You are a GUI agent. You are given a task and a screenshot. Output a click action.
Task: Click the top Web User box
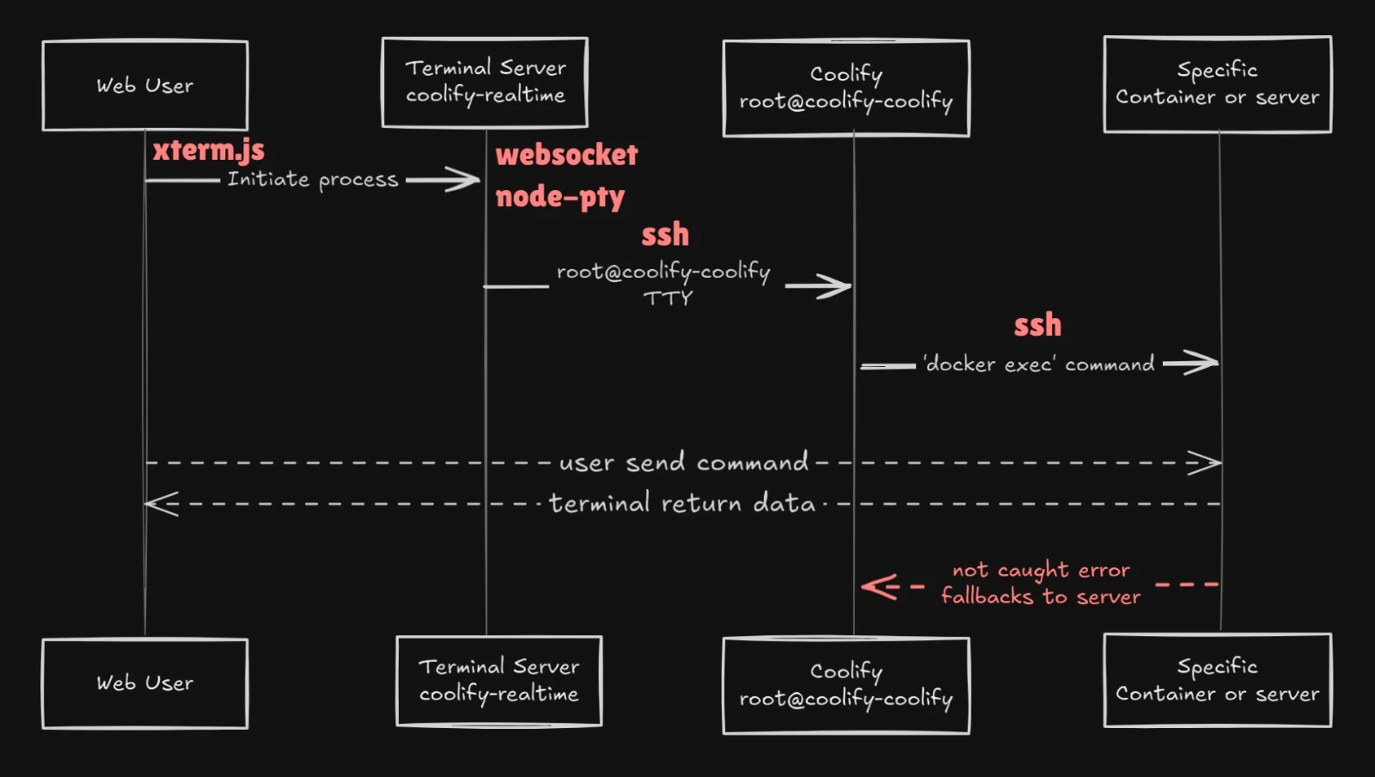144,85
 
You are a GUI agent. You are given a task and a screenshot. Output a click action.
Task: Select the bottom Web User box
144,683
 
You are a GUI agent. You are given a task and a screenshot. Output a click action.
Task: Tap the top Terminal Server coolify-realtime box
485,83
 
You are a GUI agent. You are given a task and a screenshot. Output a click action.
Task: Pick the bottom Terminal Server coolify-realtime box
498,681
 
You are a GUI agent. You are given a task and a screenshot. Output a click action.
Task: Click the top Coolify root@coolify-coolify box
846,88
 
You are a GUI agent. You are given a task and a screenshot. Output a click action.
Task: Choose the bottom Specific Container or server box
1217,680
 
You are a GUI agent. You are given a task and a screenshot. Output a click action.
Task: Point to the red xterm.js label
209,150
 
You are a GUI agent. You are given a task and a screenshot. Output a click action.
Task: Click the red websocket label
566,156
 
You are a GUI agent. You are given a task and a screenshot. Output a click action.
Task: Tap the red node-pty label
559,197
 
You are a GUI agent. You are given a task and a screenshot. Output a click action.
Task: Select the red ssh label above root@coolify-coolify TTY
664,234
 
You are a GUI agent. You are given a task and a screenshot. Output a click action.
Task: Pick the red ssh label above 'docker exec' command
1037,325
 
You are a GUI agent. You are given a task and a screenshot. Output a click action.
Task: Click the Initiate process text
313,180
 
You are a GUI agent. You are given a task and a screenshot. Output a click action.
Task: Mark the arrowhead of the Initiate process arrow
468,180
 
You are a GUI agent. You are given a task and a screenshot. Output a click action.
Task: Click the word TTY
668,298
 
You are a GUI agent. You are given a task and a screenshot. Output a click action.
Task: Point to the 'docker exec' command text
1038,364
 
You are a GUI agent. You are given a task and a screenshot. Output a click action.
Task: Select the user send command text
683,462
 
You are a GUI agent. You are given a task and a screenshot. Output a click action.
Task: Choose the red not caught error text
1041,570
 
